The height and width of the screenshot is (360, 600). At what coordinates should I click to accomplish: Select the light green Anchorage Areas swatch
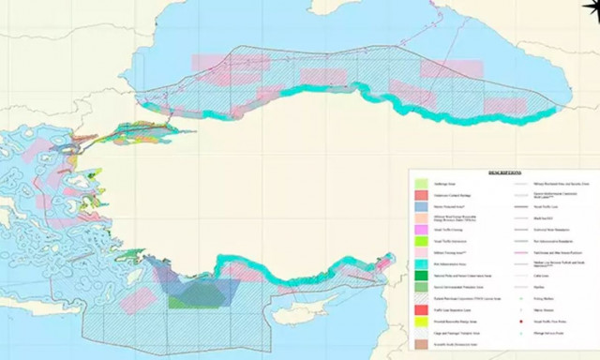click(423, 184)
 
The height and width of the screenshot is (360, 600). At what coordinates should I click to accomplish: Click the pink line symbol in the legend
click(521, 242)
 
